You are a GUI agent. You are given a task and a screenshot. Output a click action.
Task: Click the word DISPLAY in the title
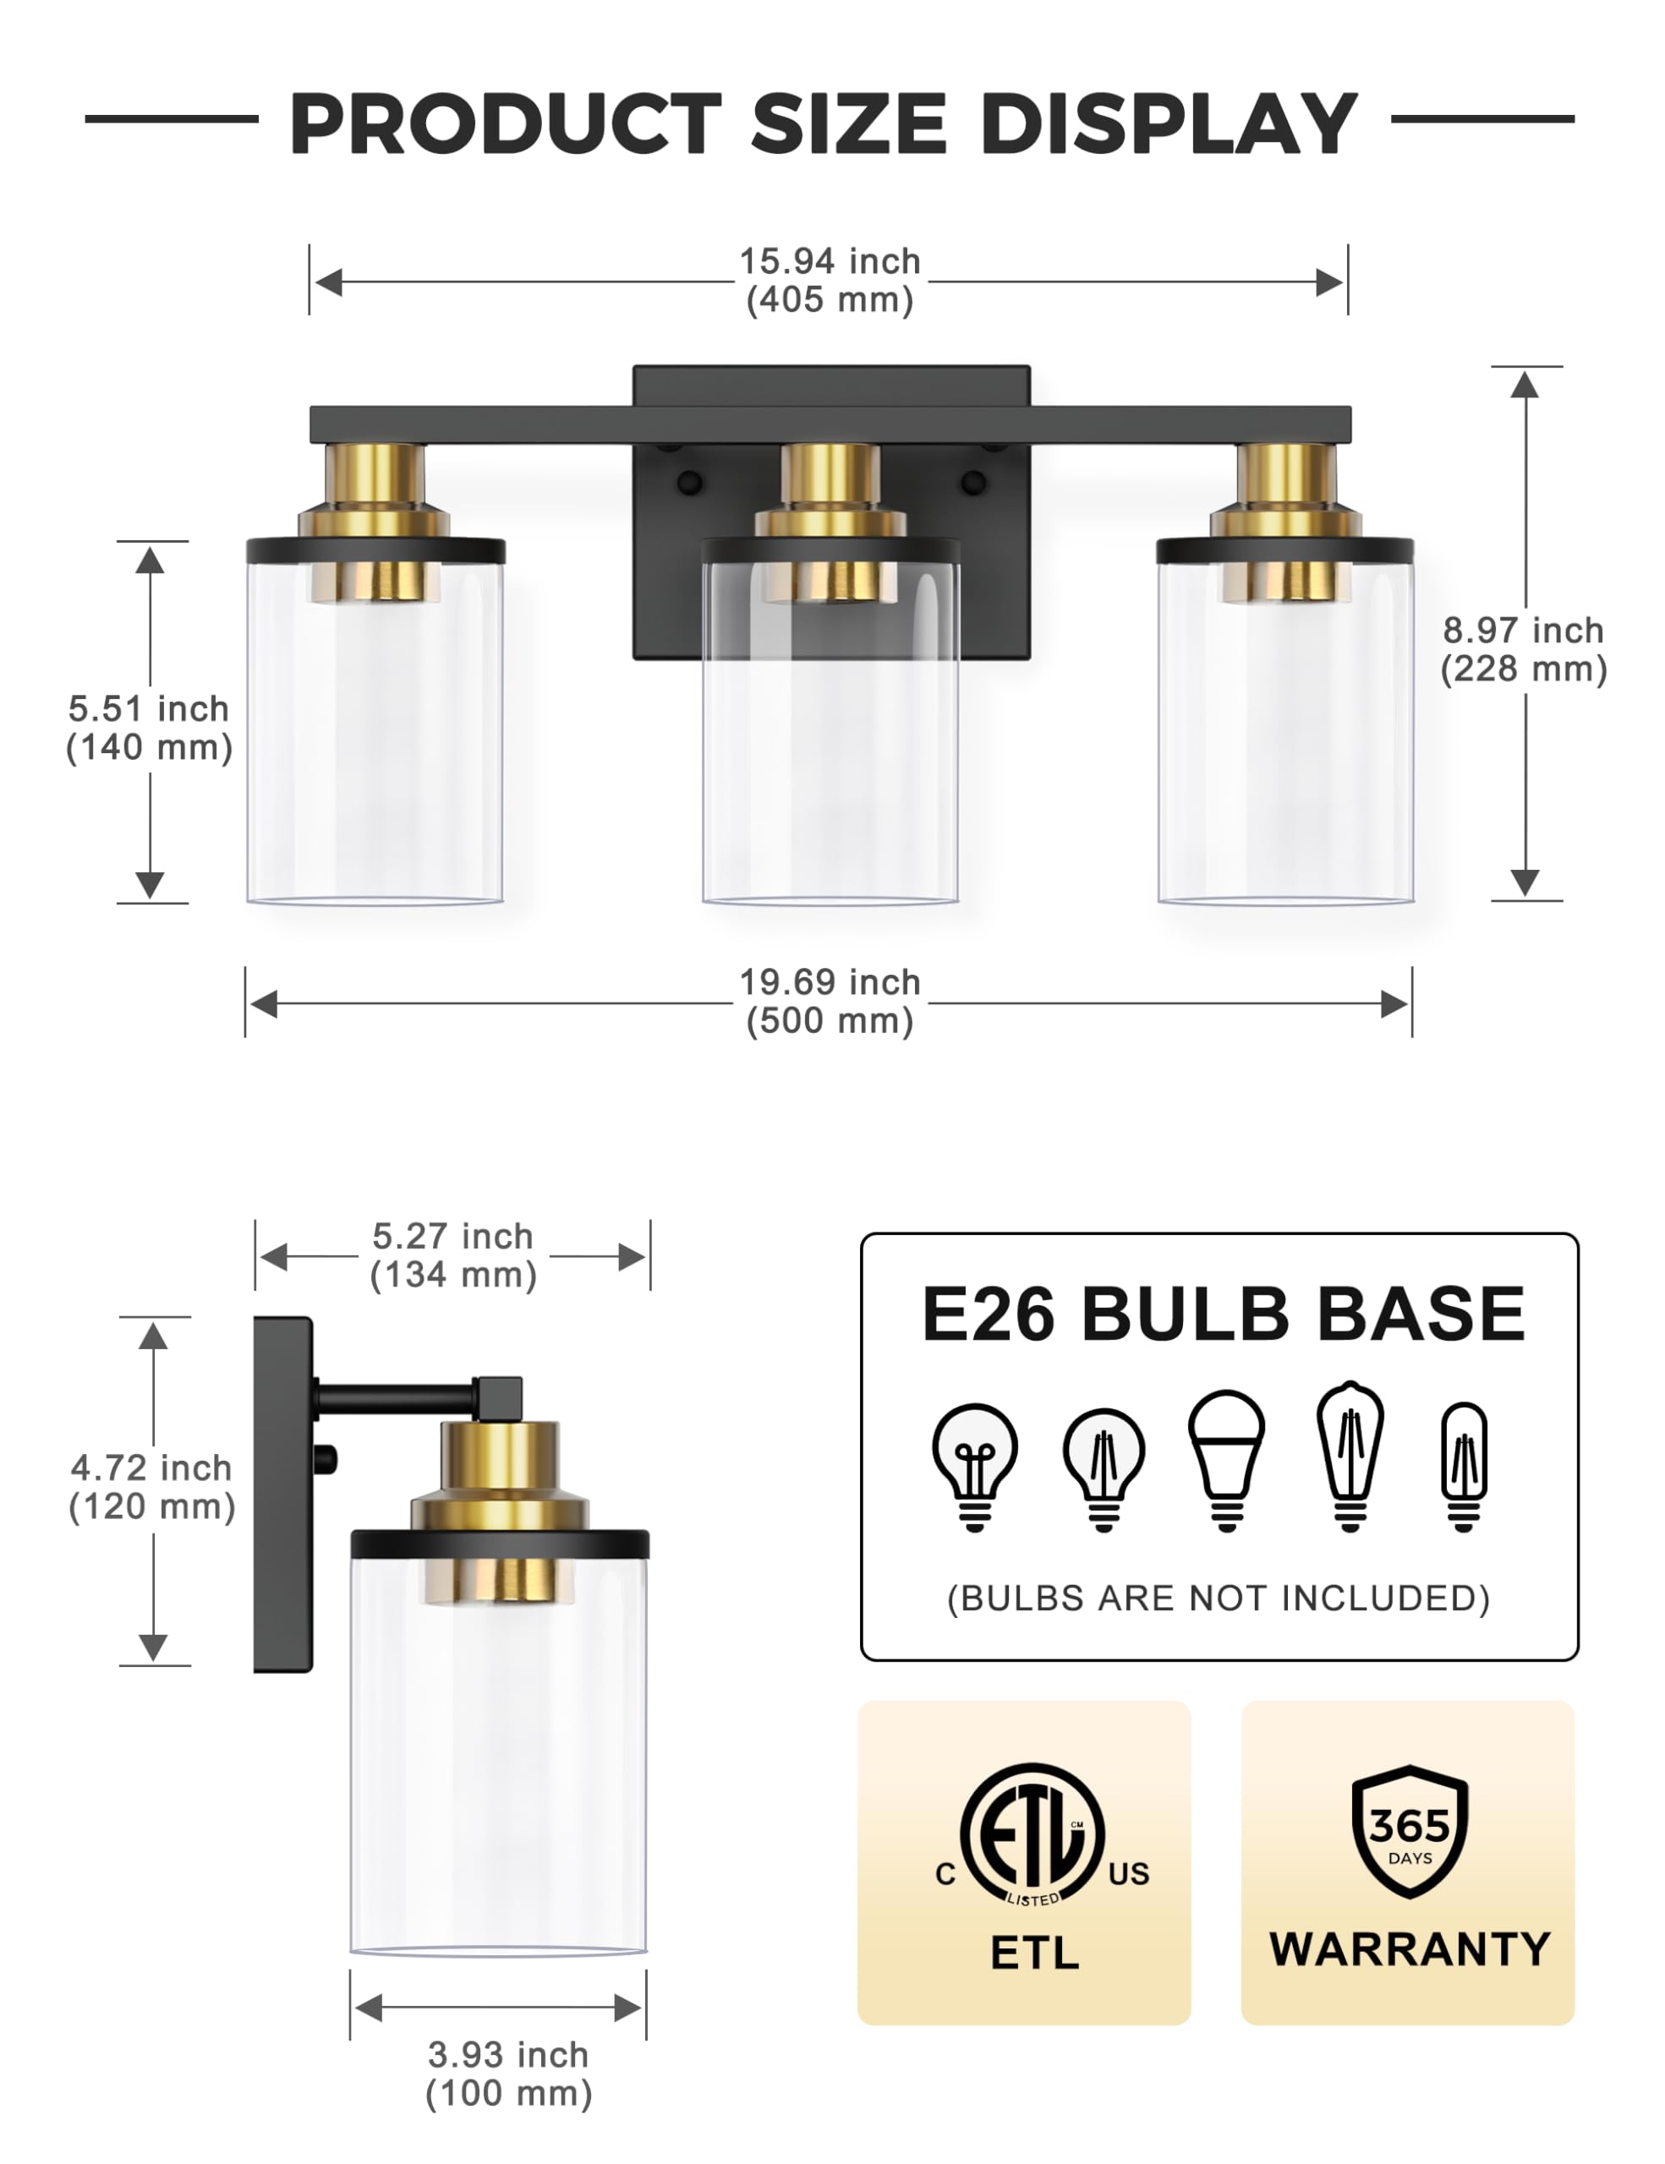point(1169,124)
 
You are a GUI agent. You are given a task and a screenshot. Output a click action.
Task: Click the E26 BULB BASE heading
point(1223,1314)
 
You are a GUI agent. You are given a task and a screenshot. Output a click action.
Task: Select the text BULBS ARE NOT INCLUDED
point(1219,1598)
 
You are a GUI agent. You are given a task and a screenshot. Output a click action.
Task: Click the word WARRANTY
point(1410,1949)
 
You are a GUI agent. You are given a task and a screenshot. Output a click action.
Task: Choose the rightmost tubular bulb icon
point(1464,1464)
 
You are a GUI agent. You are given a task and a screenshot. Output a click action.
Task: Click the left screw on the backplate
point(689,484)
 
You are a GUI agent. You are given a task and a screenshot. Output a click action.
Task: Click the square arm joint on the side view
point(497,1397)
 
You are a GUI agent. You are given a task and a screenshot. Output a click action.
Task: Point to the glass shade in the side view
point(499,1763)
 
